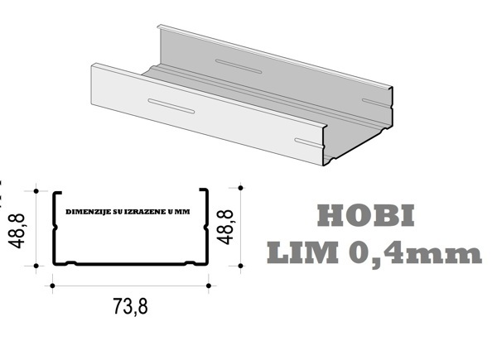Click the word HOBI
tap(366, 217)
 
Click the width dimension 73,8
tap(130, 306)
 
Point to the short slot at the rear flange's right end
tap(370, 101)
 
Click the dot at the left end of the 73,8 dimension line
tap(52, 286)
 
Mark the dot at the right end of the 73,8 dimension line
tap(209, 286)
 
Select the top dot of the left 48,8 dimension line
tap(37, 190)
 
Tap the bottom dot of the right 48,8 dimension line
tap(240, 266)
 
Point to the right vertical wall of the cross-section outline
tap(205, 228)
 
